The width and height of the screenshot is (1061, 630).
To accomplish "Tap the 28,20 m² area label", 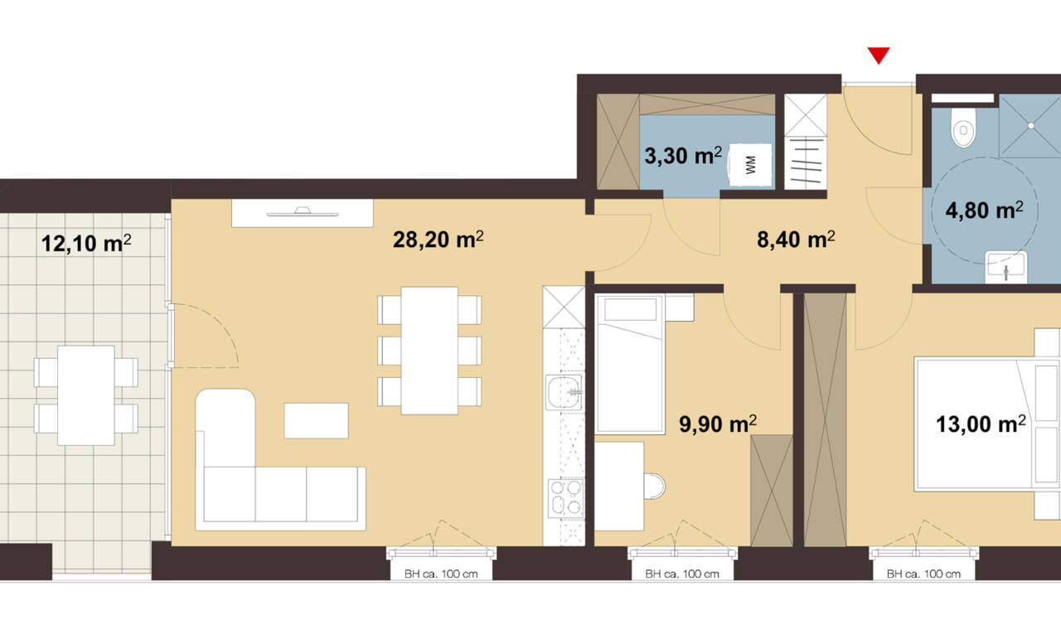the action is point(438,240).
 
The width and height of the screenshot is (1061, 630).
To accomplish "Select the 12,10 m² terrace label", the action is point(86,243).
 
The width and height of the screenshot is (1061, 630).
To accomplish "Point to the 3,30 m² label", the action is point(683,155).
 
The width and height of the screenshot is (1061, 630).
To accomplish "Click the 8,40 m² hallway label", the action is point(796,240).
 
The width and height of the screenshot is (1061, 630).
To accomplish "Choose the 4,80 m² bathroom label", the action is point(984,210).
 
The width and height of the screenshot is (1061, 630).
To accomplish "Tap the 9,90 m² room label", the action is point(718,424).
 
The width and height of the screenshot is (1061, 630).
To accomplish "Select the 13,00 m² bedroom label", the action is point(981,424).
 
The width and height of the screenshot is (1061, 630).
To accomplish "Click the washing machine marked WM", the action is point(750,165).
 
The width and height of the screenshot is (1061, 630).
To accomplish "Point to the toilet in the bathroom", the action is point(963,128).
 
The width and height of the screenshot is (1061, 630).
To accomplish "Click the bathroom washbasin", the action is point(1006,268).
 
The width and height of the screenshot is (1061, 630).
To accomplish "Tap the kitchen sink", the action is point(563,392).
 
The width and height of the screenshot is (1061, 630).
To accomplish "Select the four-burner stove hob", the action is point(565,498).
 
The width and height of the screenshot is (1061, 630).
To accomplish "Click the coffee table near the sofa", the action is point(316,420).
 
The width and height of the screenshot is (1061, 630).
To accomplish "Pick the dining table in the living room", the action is point(429,351).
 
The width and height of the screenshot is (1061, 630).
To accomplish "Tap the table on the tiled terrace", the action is point(85,395).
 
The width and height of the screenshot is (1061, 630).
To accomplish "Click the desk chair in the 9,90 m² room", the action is point(655,486).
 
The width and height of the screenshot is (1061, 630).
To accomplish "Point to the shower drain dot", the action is point(1030,125).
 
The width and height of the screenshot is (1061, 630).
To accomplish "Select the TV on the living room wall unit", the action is point(303,211).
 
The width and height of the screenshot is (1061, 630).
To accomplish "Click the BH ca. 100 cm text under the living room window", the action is point(441,574).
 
